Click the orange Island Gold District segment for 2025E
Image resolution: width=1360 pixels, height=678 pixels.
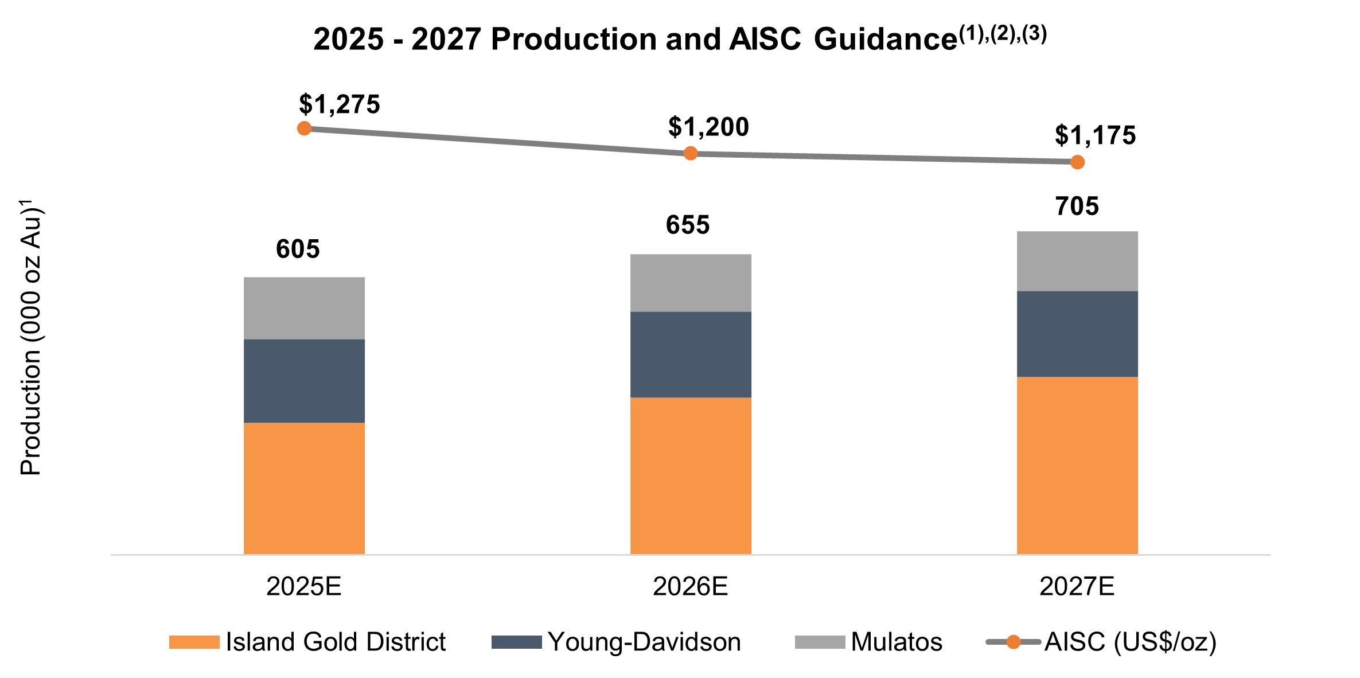[x=304, y=488]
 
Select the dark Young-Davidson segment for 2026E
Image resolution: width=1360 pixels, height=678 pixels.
[x=691, y=354]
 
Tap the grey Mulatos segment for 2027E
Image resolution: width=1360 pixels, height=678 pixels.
[x=1077, y=261]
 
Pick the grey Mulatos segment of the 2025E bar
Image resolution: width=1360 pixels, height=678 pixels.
[x=304, y=308]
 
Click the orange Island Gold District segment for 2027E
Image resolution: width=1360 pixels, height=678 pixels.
[x=1077, y=465]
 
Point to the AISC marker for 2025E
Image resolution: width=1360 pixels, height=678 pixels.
[x=305, y=128]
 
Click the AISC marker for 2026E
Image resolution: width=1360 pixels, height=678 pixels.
[x=691, y=153]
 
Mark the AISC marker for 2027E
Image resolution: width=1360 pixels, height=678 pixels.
[x=1077, y=162]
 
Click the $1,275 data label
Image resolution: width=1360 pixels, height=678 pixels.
[x=339, y=104]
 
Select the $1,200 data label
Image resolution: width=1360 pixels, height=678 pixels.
[x=708, y=127]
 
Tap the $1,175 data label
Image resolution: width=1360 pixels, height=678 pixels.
[x=1095, y=136]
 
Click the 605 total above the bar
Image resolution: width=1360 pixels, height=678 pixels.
[x=298, y=249]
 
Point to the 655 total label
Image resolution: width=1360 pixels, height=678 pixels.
[x=687, y=225]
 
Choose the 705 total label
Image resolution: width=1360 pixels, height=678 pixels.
[x=1077, y=206]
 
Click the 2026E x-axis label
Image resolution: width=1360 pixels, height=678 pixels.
[x=690, y=586]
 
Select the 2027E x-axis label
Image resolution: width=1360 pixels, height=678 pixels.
[x=1077, y=586]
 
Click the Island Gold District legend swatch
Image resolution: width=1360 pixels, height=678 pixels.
[x=194, y=642]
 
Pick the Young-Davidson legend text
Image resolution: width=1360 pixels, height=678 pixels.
[x=644, y=642]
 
